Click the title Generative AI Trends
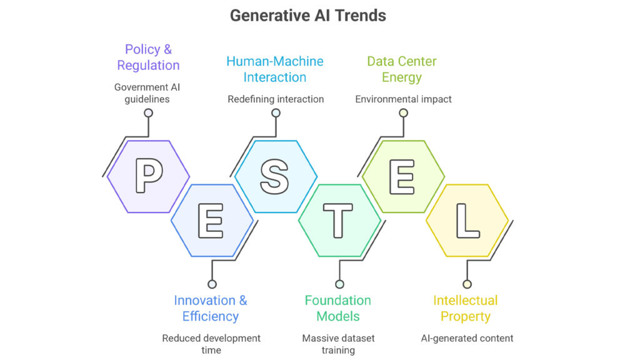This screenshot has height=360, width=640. pyautogui.click(x=308, y=15)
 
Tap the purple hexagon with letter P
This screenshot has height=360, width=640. pyautogui.click(x=148, y=177)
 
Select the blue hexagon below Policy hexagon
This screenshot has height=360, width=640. pyautogui.click(x=212, y=221)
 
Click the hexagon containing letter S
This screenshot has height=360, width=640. pyautogui.click(x=275, y=177)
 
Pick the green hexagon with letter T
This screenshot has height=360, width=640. pyautogui.click(x=339, y=221)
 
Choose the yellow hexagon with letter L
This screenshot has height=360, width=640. pyautogui.click(x=466, y=221)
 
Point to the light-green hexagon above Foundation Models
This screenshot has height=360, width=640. pyautogui.click(x=402, y=177)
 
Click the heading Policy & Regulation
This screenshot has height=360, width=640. pyautogui.click(x=148, y=57)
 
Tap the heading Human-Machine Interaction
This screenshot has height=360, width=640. pyautogui.click(x=275, y=69)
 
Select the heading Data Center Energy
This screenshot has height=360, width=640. pyautogui.click(x=402, y=69)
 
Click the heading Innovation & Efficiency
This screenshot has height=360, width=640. pyautogui.click(x=211, y=308)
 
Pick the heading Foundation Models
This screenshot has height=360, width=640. pyautogui.click(x=338, y=308)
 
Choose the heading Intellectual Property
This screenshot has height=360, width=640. pyautogui.click(x=466, y=308)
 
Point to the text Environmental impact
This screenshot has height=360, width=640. pyautogui.click(x=403, y=99)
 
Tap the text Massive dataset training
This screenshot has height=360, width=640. pyautogui.click(x=338, y=344)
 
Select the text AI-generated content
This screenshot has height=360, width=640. pyautogui.click(x=467, y=338)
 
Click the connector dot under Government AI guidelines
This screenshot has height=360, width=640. pyautogui.click(x=148, y=113)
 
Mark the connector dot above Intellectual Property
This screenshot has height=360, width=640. pyautogui.click(x=467, y=284)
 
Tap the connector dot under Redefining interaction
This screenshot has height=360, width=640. pyautogui.click(x=276, y=113)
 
